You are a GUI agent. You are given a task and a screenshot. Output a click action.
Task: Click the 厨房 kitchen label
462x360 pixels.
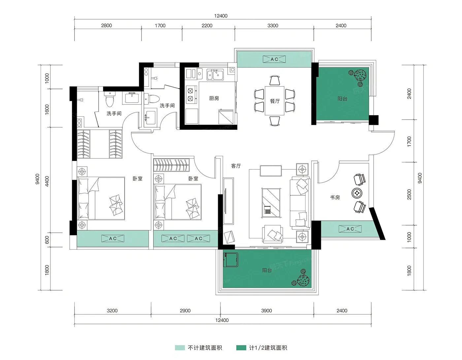[x=214, y=98]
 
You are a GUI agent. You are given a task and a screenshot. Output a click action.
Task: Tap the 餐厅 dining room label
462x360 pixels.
[x=275, y=101]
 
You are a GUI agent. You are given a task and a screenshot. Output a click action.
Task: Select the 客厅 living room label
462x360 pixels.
[x=236, y=166]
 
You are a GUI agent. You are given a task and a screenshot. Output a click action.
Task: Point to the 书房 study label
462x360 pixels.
[x=335, y=198]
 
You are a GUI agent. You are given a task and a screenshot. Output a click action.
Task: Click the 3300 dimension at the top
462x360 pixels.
[x=273, y=25]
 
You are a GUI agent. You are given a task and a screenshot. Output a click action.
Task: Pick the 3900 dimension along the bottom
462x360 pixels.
[x=266, y=311]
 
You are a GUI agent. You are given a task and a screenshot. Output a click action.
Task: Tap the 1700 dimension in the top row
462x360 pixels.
[x=160, y=25]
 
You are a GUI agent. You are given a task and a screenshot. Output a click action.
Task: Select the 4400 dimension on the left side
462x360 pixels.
[x=47, y=181]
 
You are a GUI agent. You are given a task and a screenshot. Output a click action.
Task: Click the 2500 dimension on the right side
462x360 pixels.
[x=409, y=194]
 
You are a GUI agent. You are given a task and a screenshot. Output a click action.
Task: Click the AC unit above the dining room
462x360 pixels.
[x=274, y=59]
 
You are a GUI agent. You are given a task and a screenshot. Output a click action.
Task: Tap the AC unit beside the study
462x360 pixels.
[x=350, y=229]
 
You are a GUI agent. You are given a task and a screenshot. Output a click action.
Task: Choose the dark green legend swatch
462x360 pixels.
[x=241, y=348]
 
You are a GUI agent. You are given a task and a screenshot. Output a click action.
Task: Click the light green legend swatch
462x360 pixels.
[x=180, y=348]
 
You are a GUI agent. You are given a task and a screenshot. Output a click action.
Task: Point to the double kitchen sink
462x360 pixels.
[x=215, y=74]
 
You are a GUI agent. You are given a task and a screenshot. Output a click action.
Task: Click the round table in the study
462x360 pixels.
[x=357, y=193]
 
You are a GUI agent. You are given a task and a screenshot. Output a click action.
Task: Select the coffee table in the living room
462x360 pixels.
[x=271, y=203]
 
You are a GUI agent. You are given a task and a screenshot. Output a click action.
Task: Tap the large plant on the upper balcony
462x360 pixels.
[x=360, y=75]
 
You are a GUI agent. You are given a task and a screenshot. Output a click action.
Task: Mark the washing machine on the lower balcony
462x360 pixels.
[x=230, y=260]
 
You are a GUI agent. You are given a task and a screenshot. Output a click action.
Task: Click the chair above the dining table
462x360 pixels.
[x=275, y=81]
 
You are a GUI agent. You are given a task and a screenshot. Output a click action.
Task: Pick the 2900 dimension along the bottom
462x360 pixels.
[x=185, y=311]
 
